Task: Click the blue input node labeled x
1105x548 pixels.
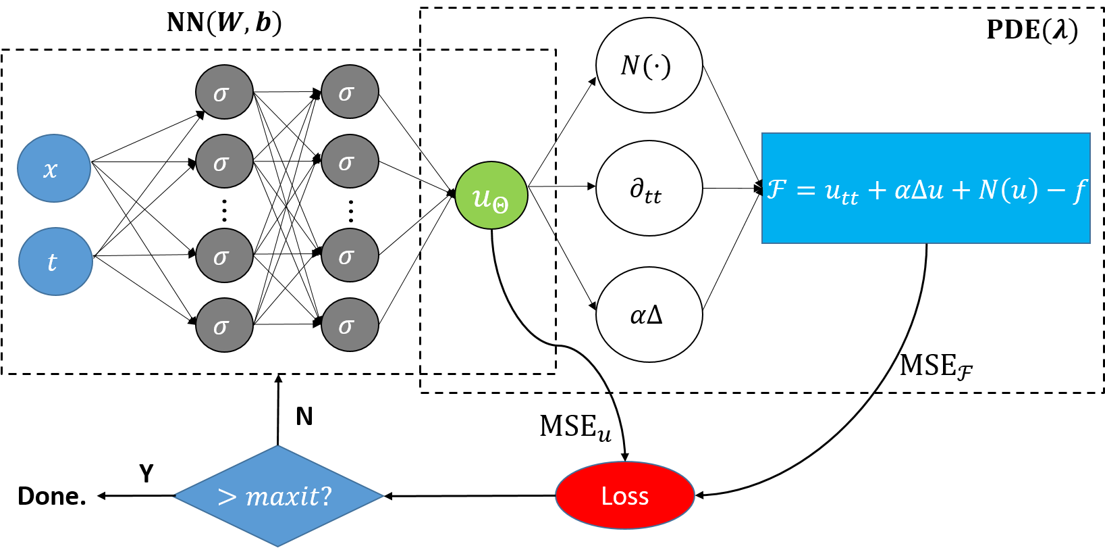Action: [x=54, y=168]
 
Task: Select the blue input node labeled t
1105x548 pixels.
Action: [x=55, y=261]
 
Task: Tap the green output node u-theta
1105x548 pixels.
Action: [x=491, y=195]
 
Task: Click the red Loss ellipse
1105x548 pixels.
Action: [x=625, y=495]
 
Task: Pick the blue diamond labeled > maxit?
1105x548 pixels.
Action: [x=278, y=496]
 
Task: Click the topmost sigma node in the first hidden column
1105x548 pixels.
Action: [x=224, y=92]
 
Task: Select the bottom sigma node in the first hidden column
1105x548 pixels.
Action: [x=224, y=325]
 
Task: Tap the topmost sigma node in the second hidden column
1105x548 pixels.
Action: [x=350, y=91]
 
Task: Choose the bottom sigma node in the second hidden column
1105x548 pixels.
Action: [x=350, y=324]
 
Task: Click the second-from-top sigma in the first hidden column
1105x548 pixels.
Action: [x=224, y=161]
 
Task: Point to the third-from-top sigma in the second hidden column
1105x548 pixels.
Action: [x=350, y=255]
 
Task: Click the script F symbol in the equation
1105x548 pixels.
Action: [x=777, y=189]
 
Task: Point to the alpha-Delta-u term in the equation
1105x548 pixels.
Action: [x=919, y=191]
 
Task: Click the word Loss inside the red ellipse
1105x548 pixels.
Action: [x=625, y=497]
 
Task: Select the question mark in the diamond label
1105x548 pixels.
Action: [x=326, y=497]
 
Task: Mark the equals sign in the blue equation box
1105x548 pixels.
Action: [x=806, y=191]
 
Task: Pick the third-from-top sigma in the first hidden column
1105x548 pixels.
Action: [x=224, y=255]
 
